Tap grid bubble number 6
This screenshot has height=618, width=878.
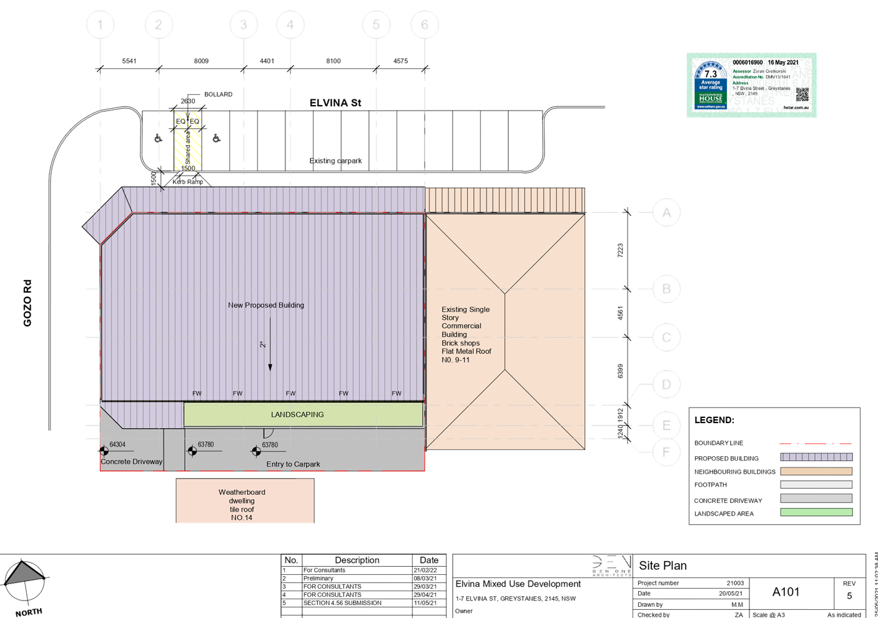tap(425, 25)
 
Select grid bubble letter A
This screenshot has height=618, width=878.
tap(666, 213)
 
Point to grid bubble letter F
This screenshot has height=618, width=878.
tap(666, 452)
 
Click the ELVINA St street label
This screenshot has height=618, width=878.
tap(335, 103)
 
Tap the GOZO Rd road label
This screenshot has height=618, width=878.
tap(27, 303)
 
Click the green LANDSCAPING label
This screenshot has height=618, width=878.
tap(297, 414)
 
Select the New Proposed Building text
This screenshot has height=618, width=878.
tap(266, 305)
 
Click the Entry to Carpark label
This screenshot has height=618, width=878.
tap(293, 464)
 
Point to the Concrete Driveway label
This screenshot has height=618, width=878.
tap(132, 462)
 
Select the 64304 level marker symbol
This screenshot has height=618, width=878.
tap(104, 451)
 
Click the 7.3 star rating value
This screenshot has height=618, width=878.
tap(711, 74)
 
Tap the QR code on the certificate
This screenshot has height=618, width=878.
tap(802, 94)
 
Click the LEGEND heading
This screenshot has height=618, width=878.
tap(714, 420)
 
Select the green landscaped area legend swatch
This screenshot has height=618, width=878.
tap(816, 513)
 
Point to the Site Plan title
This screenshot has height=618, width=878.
tap(663, 566)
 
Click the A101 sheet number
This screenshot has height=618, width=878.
tap(786, 592)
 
